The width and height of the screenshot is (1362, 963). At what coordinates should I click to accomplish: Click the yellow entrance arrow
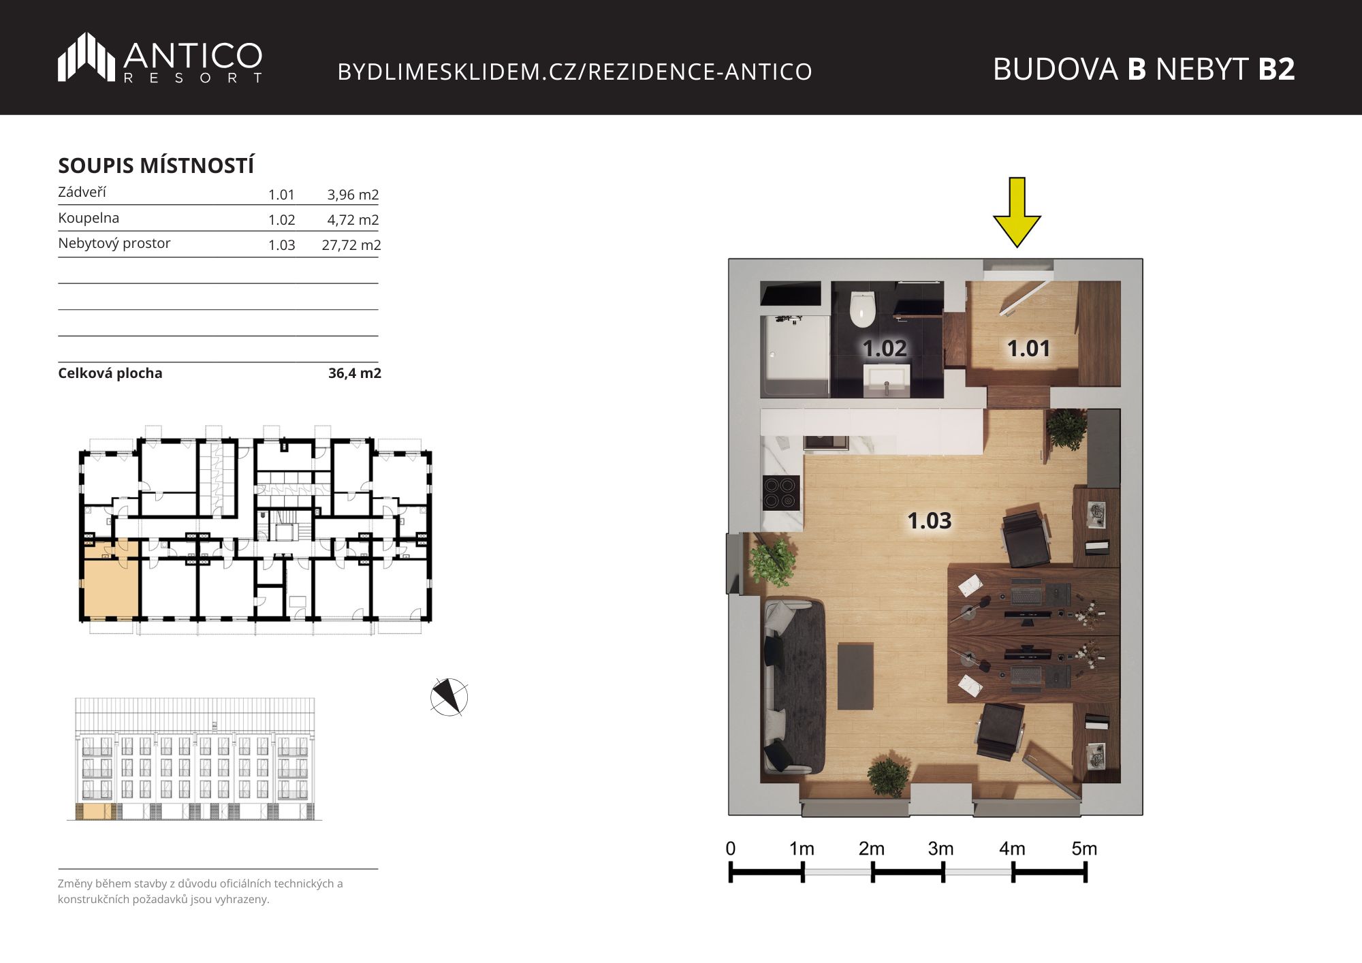(x=1017, y=212)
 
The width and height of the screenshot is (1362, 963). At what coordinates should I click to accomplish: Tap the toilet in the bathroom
(x=862, y=309)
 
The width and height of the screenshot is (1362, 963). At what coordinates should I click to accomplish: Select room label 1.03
(x=930, y=521)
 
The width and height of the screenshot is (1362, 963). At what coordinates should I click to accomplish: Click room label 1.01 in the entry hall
(x=1028, y=349)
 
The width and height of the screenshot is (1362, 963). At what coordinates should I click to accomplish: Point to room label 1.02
(x=885, y=349)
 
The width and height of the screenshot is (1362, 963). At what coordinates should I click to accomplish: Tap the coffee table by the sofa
(x=855, y=676)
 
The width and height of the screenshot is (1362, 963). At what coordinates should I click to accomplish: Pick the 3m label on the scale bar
(x=940, y=849)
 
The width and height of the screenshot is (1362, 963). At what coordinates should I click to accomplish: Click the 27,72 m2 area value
(x=351, y=245)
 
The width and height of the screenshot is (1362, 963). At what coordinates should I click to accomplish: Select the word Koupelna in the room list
(x=89, y=218)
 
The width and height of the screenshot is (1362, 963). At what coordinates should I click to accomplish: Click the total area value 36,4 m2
(x=355, y=373)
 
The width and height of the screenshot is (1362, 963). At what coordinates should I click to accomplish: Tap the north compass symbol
(x=449, y=697)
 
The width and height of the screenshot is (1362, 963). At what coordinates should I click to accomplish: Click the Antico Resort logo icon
(x=86, y=57)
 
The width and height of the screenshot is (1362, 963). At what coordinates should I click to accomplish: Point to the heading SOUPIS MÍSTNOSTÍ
(x=156, y=165)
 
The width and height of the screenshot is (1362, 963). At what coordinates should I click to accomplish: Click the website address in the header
(x=575, y=72)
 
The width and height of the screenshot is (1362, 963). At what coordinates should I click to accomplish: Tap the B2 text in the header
(x=1276, y=69)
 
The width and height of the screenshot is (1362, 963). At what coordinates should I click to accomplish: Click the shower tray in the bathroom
(x=795, y=356)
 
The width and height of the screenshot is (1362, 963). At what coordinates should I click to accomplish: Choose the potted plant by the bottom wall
(x=889, y=775)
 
